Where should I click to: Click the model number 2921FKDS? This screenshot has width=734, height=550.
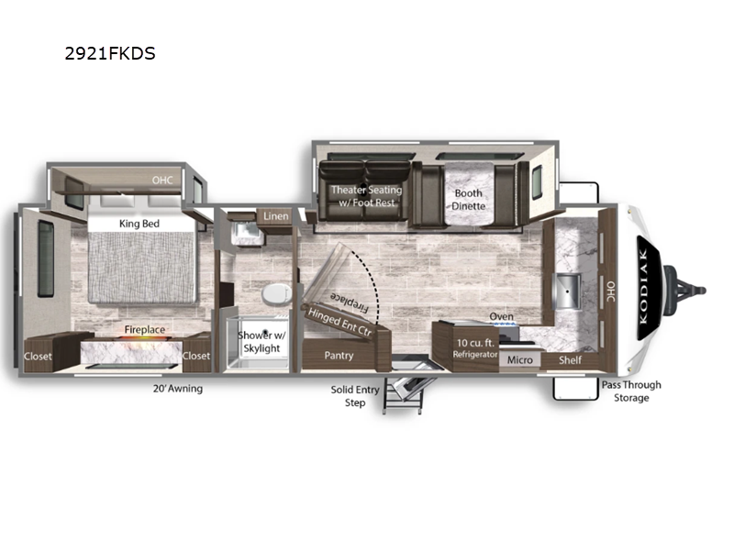(110, 53)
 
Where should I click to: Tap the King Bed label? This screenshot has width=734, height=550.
(139, 223)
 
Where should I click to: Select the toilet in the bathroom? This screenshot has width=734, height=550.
(273, 294)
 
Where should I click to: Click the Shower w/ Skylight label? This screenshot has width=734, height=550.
(261, 341)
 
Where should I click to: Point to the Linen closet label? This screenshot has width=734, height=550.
(275, 216)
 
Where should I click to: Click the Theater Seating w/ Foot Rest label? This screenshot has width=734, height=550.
(366, 196)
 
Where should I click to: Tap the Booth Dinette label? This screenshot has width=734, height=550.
(468, 200)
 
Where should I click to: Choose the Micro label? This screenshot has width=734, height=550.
(521, 359)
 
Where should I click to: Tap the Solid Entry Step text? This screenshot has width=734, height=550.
(354, 396)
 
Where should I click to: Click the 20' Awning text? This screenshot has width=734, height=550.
(178, 389)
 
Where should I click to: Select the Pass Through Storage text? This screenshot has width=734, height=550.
(630, 390)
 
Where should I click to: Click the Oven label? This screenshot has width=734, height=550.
(501, 317)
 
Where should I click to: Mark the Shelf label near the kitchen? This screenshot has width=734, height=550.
(570, 359)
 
